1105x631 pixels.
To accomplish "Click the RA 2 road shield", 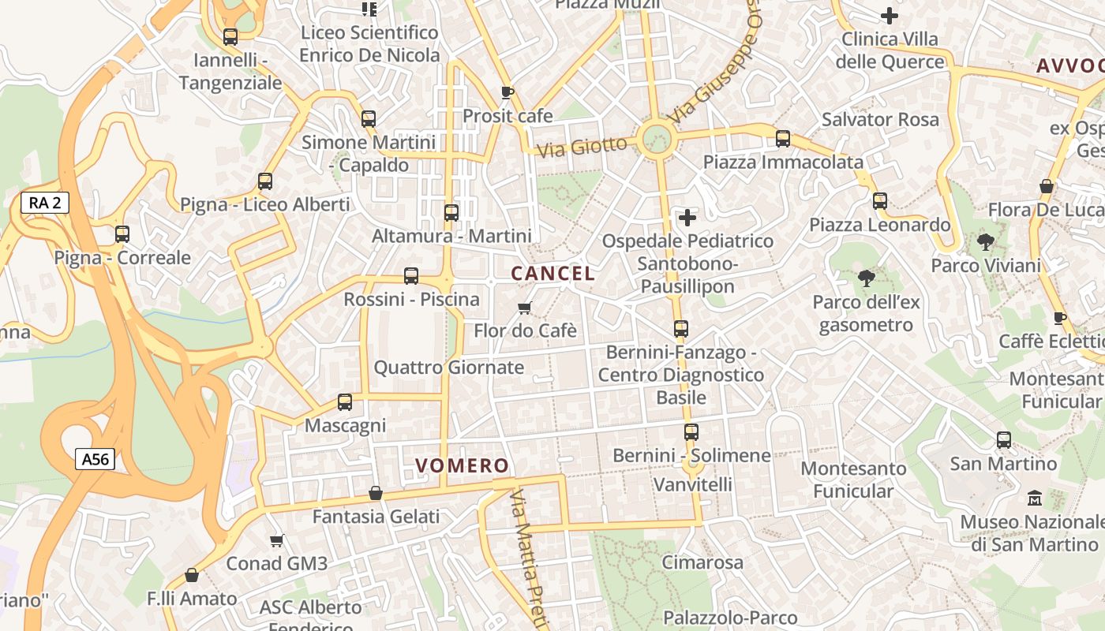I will (45, 203).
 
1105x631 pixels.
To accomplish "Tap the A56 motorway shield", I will (96, 459).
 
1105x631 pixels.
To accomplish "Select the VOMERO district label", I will (463, 465).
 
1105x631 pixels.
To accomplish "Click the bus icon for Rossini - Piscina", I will (411, 276).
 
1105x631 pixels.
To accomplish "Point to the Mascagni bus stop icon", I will (345, 402).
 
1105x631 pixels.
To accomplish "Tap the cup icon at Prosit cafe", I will (508, 92).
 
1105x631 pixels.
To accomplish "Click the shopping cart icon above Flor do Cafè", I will (524, 308).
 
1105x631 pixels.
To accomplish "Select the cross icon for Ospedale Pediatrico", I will (687, 217).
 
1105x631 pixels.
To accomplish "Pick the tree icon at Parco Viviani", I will (985, 242).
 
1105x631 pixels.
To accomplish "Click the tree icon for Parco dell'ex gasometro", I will (866, 278).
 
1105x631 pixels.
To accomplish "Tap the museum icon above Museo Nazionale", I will (1035, 498).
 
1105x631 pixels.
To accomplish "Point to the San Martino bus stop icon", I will (1004, 440).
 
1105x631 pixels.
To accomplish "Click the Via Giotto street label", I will (582, 147).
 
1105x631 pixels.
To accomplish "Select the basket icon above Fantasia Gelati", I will (376, 493).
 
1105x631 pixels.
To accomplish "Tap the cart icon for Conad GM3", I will (276, 540).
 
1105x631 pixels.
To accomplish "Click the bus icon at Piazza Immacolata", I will (783, 139).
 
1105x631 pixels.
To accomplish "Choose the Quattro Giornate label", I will (448, 367).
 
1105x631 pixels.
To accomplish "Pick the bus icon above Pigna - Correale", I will (122, 234).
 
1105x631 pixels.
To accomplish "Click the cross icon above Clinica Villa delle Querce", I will (890, 16).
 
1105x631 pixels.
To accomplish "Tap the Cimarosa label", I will (702, 562).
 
